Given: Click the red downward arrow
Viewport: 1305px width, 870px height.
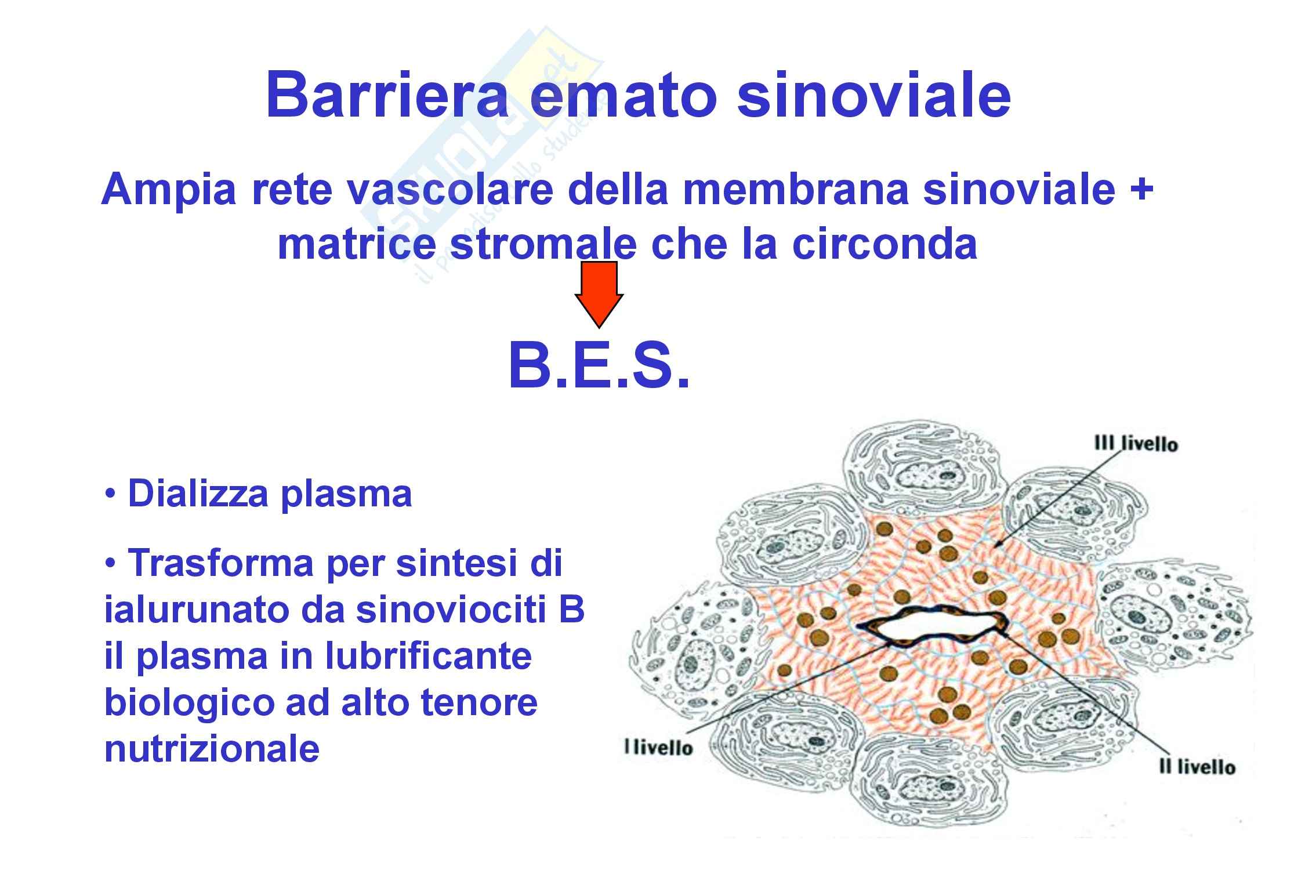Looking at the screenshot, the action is pyautogui.click(x=599, y=295).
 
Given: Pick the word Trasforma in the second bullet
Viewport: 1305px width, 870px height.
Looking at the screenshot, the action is pyautogui.click(x=221, y=562).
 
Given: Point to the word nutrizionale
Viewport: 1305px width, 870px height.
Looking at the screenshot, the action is pyautogui.click(x=212, y=748).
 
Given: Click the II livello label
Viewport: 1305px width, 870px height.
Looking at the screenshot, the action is pyautogui.click(x=1197, y=767).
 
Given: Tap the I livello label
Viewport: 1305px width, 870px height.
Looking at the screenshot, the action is pyautogui.click(x=658, y=747).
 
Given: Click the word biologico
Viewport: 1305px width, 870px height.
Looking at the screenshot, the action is pyautogui.click(x=189, y=704).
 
